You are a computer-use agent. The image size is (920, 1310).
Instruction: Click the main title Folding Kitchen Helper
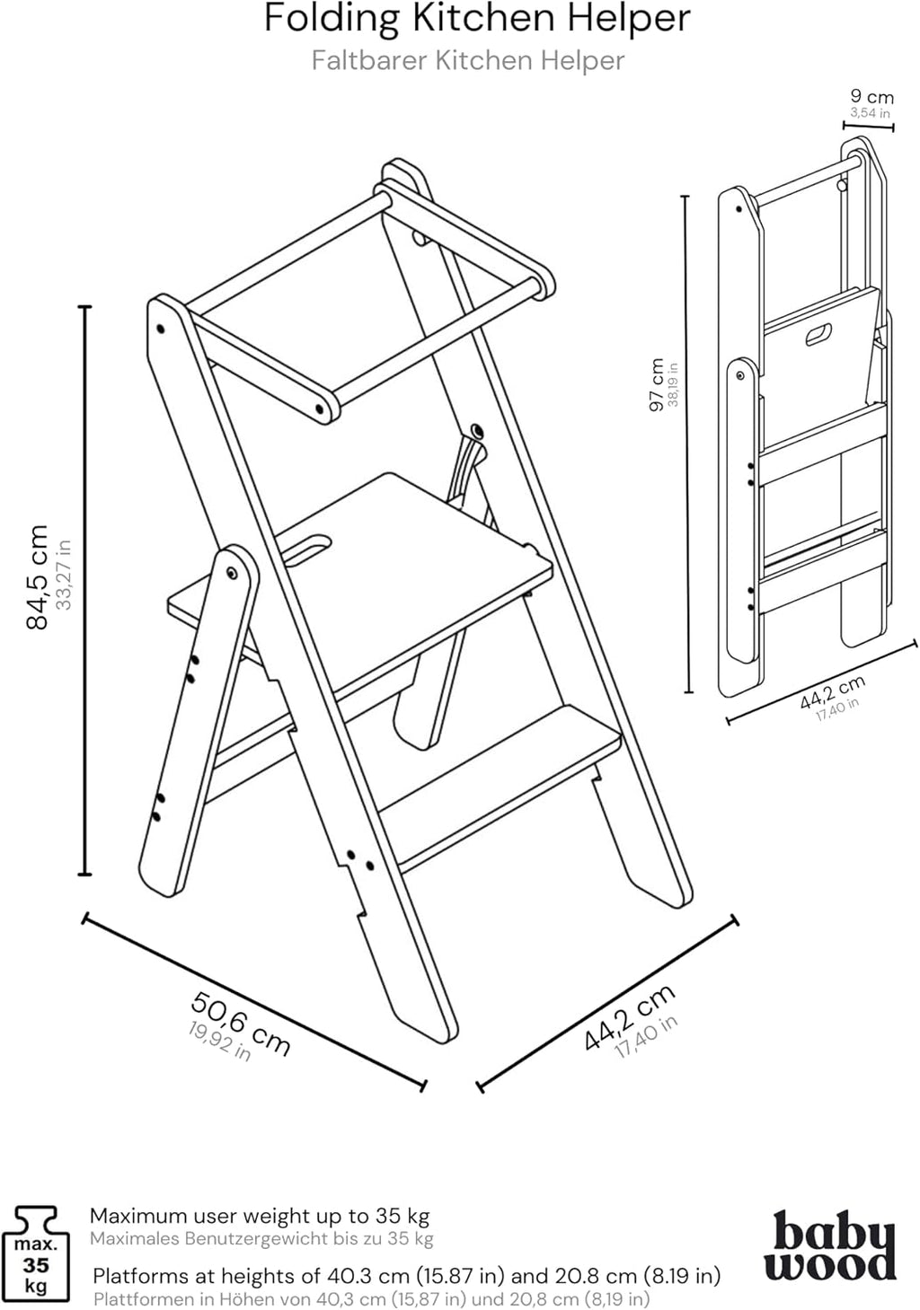[477, 19]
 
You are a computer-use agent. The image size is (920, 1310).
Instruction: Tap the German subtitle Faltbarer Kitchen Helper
[468, 61]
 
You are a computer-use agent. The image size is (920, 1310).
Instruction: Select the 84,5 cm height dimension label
[38, 576]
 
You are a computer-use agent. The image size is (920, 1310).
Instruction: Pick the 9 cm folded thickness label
[872, 96]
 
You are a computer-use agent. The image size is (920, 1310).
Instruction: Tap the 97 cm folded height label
[657, 384]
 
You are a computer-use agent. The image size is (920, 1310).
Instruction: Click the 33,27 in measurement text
[64, 575]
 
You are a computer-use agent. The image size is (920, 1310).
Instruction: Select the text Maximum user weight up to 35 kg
[260, 1216]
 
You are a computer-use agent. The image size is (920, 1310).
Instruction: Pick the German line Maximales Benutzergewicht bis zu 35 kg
[261, 1239]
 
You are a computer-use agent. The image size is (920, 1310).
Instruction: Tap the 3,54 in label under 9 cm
[871, 112]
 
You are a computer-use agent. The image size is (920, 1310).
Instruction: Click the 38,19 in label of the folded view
[673, 384]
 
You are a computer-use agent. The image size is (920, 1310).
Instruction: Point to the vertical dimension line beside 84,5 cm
[85, 591]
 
